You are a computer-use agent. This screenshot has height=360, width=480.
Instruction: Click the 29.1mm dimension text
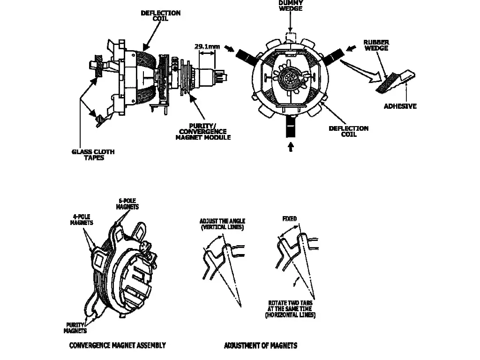(x=207, y=46)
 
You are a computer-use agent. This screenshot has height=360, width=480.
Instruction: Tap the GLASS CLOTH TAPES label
(x=93, y=155)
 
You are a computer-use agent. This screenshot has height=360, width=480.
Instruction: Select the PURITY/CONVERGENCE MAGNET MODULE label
(x=203, y=132)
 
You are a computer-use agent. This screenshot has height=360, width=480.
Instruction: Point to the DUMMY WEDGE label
(x=291, y=6)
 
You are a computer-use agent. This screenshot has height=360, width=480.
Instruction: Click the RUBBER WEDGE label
(x=376, y=45)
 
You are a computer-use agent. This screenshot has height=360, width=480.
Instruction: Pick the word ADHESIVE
(x=400, y=106)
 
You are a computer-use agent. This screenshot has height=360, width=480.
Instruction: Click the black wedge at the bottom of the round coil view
(x=290, y=127)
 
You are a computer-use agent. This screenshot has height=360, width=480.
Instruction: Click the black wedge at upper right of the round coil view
(x=333, y=56)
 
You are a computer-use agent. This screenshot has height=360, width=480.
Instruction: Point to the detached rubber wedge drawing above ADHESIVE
(x=395, y=82)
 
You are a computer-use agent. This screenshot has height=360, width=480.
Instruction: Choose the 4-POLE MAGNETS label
(x=82, y=219)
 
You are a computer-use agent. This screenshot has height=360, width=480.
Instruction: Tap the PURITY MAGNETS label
(x=75, y=328)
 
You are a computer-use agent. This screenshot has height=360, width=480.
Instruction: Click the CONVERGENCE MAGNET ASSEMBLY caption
(x=118, y=345)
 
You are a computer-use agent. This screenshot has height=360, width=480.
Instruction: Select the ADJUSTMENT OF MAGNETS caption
(x=261, y=345)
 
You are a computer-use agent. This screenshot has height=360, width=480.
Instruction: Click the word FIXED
(x=290, y=218)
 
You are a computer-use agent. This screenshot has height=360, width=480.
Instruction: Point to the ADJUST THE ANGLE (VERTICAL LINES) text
(x=223, y=224)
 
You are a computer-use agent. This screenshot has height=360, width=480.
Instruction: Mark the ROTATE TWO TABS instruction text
(x=290, y=308)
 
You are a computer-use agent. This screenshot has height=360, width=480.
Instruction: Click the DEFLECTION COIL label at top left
(x=160, y=15)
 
